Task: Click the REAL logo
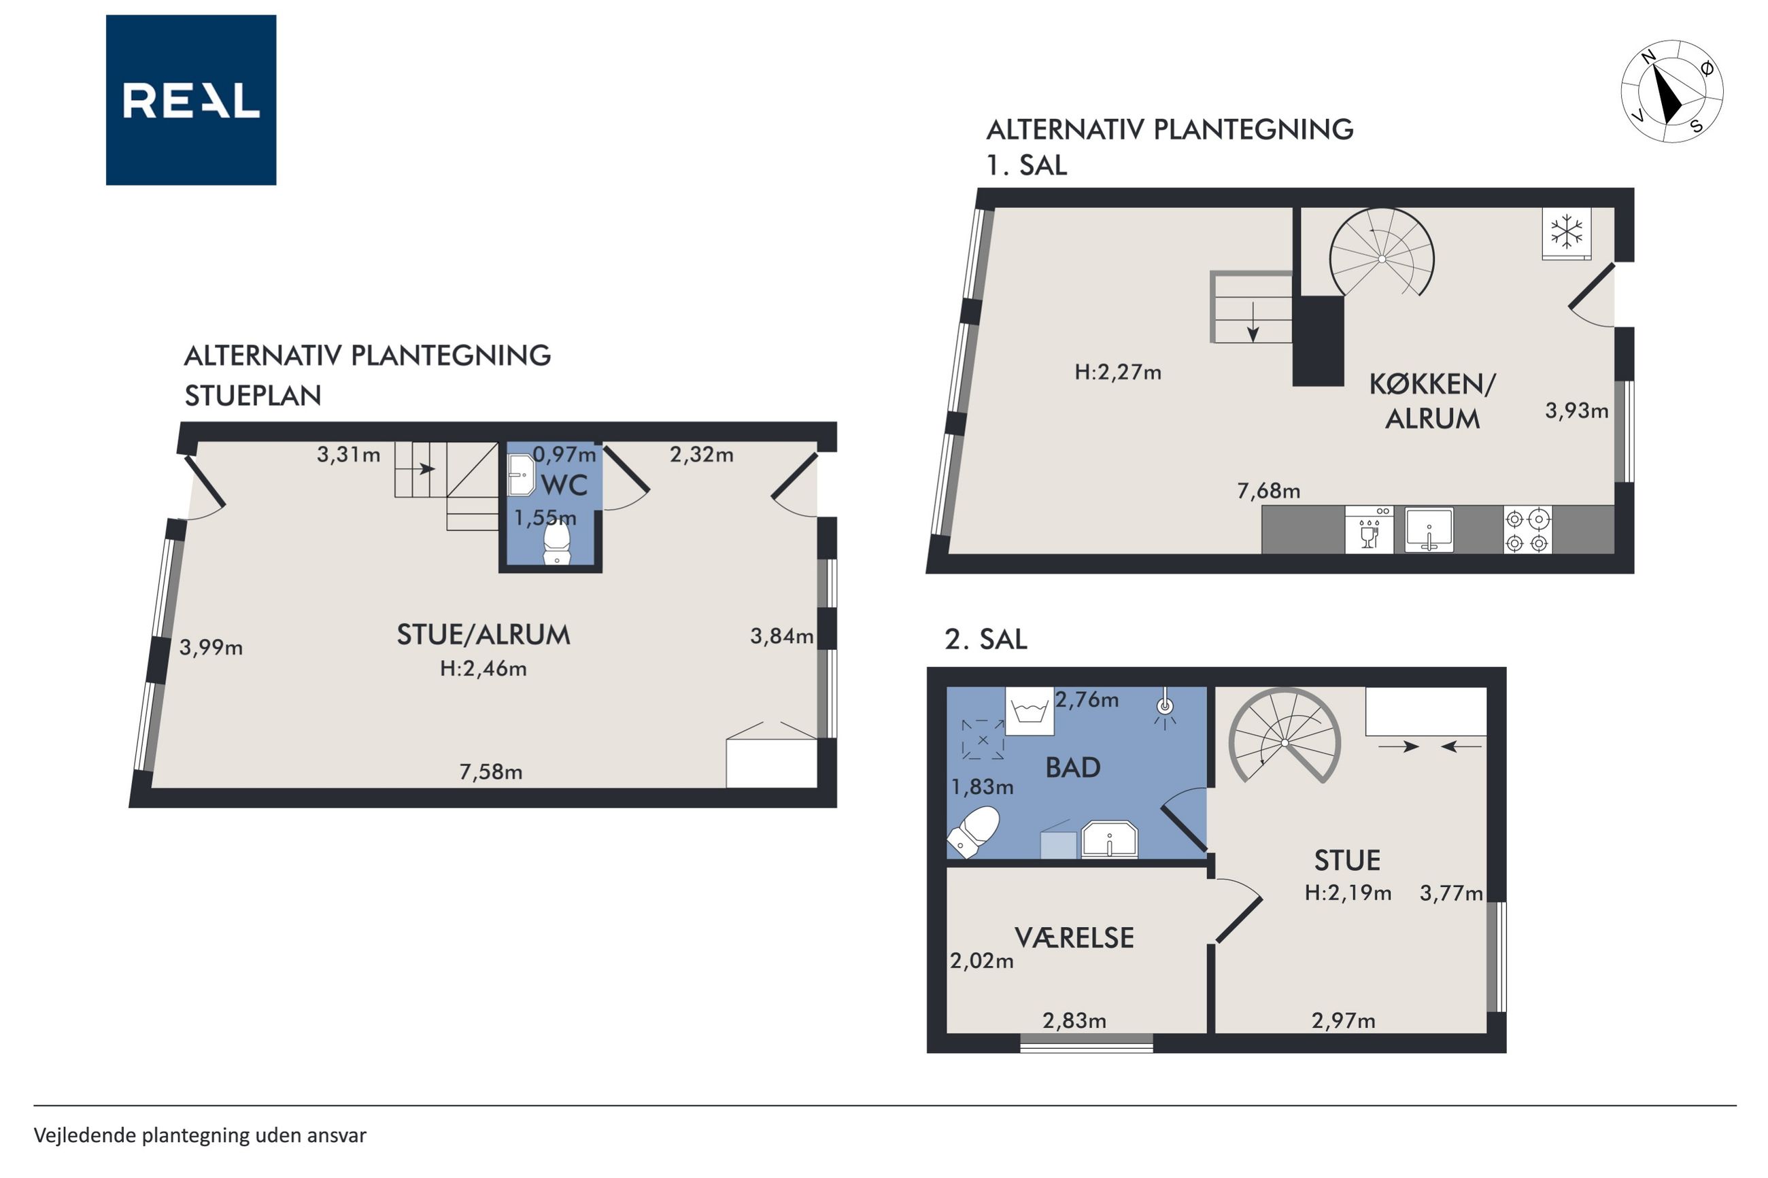[x=191, y=100]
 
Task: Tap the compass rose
[x=1672, y=92]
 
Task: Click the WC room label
[x=564, y=485]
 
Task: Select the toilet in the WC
[x=557, y=541]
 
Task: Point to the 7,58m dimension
[x=491, y=772]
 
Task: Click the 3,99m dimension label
[x=211, y=648]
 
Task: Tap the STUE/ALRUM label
[x=483, y=636]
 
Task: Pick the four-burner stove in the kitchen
[x=1527, y=530]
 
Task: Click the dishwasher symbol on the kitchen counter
[x=1369, y=530]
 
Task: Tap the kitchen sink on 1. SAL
[x=1429, y=530]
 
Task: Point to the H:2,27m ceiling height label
[x=1117, y=372]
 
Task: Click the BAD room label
[x=1073, y=768]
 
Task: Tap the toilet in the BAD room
[x=974, y=833]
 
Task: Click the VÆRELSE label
[x=1074, y=938]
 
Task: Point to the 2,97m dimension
[x=1344, y=1021]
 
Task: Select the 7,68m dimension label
[x=1268, y=491]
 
